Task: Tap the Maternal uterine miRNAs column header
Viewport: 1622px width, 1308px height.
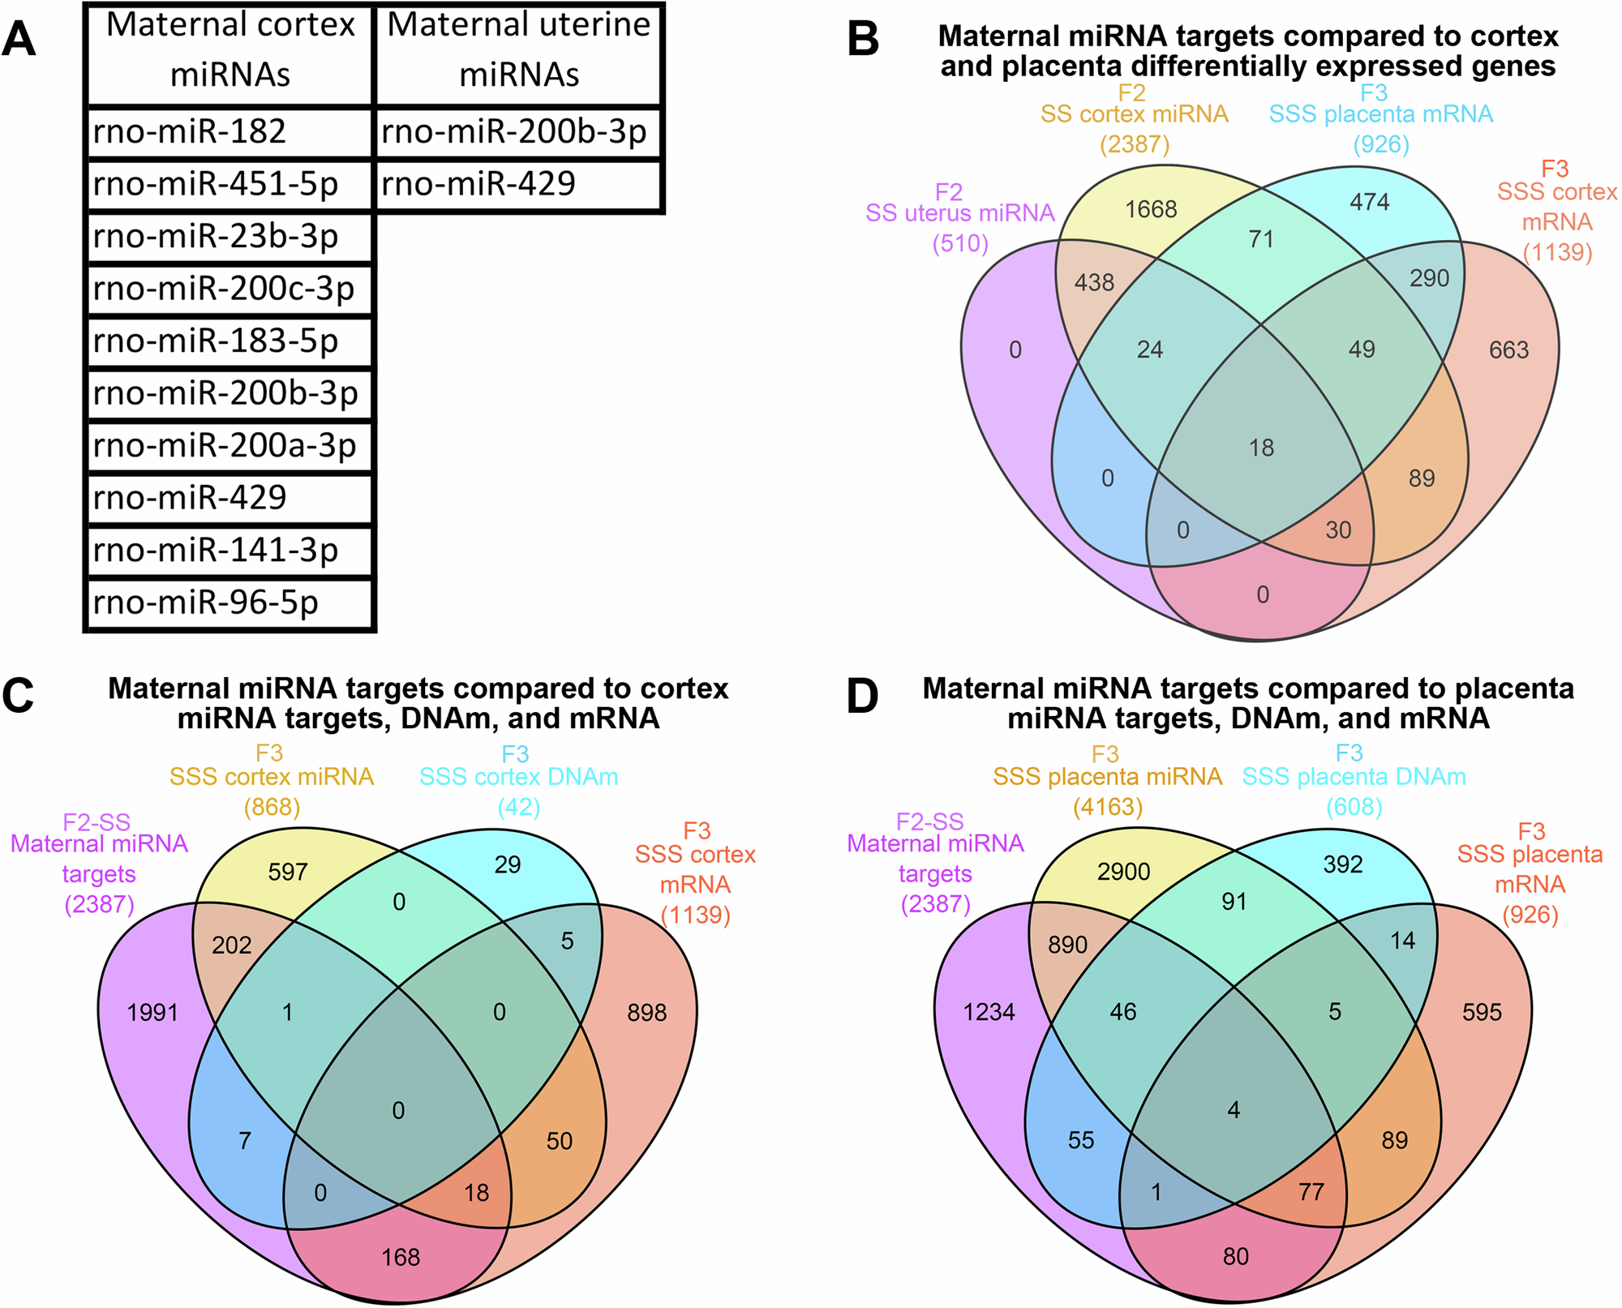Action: click(x=518, y=50)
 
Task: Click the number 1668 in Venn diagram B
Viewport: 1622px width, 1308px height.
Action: click(x=1151, y=209)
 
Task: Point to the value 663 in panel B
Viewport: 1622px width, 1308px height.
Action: click(x=1508, y=350)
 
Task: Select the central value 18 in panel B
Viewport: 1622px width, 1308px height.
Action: click(x=1261, y=448)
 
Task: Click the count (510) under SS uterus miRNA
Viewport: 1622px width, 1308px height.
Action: click(x=960, y=243)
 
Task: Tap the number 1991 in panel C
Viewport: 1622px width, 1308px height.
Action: click(x=152, y=1012)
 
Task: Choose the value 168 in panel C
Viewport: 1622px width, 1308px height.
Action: click(x=401, y=1257)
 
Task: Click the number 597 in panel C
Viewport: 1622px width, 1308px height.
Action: click(x=288, y=872)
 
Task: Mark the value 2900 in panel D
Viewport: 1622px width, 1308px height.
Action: click(x=1123, y=872)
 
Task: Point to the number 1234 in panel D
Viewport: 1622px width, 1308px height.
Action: click(x=989, y=1012)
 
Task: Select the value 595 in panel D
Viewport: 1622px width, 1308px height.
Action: click(x=1482, y=1012)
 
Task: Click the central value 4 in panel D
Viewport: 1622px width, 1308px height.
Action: click(x=1234, y=1110)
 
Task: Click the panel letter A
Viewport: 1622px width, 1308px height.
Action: click(x=19, y=39)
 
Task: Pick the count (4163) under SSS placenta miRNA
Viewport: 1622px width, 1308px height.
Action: click(x=1107, y=807)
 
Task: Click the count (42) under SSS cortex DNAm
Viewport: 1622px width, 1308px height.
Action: click(x=518, y=807)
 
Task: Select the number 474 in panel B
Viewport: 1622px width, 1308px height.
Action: click(x=1370, y=202)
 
